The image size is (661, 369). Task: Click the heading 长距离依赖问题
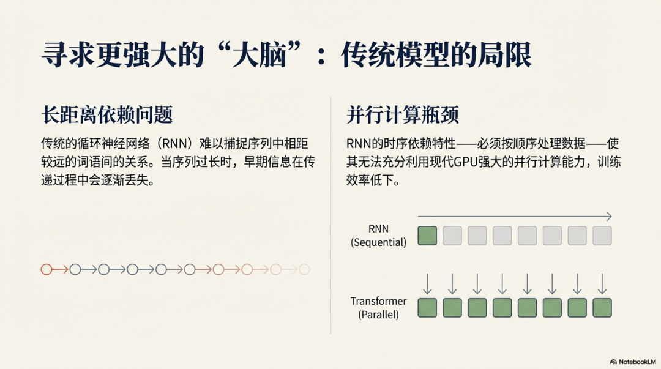[106, 114]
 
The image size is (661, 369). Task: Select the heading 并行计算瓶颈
[402, 114]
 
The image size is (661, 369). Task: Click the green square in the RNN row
[427, 236]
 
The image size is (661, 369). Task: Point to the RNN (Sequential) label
[378, 236]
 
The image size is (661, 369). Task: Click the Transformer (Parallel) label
[378, 308]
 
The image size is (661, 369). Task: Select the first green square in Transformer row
[427, 307]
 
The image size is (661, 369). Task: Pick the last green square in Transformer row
[602, 307]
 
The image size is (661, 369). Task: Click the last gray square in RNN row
[602, 236]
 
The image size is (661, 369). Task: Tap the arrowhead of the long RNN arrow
[609, 217]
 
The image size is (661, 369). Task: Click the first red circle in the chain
[46, 269]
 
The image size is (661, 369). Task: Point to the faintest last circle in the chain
[304, 269]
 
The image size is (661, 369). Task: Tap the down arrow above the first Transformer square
[427, 284]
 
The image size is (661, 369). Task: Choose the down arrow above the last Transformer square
[602, 284]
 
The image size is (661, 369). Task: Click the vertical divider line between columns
[330, 214]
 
